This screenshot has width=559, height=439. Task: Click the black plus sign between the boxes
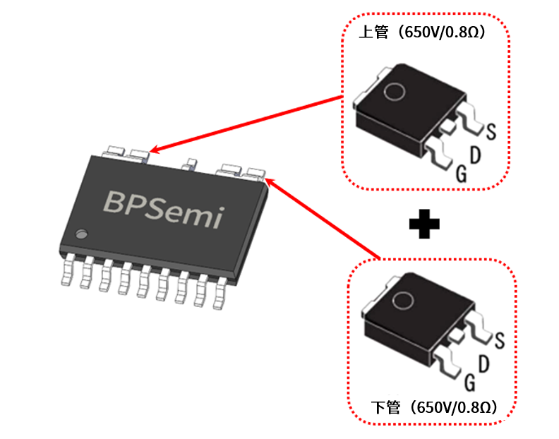click(x=424, y=224)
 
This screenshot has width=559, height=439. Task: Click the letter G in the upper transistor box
click(x=460, y=174)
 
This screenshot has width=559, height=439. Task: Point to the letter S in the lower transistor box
click(x=499, y=340)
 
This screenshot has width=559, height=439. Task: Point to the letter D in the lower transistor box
click(x=484, y=363)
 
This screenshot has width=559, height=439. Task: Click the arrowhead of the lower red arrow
click(x=270, y=183)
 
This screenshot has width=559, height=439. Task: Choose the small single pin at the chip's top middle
click(x=188, y=166)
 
